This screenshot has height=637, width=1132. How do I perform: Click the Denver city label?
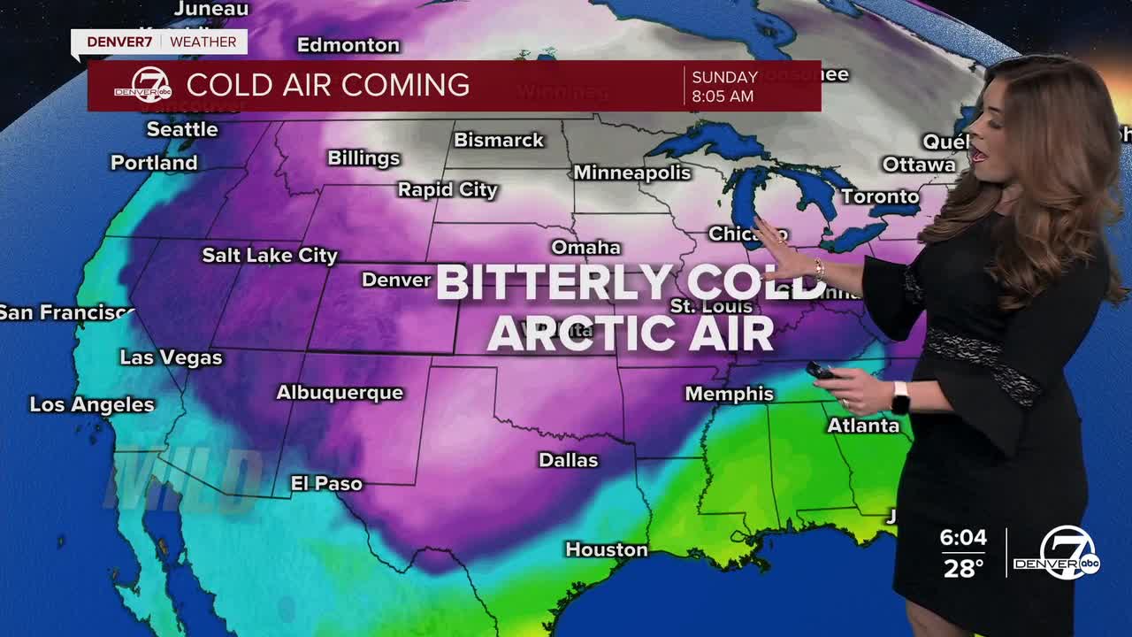(x=396, y=280)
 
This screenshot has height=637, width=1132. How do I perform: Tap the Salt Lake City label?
(x=270, y=256)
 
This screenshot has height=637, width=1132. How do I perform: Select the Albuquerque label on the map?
(x=340, y=392)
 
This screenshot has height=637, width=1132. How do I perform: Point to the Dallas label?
(x=569, y=460)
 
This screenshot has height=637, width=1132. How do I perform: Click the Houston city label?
(x=607, y=549)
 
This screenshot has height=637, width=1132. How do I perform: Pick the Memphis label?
(x=730, y=394)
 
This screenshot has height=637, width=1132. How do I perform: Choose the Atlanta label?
(x=863, y=426)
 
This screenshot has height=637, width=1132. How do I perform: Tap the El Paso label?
(x=326, y=483)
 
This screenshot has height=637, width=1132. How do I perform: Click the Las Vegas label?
(x=171, y=357)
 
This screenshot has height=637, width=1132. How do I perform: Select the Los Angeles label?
(x=92, y=404)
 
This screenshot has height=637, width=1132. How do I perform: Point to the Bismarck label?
(x=499, y=140)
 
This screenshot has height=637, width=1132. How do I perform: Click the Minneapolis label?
(x=632, y=173)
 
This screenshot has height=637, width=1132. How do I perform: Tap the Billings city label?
(x=363, y=157)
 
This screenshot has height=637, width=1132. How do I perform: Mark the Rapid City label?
(x=447, y=189)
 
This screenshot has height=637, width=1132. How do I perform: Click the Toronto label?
(x=880, y=196)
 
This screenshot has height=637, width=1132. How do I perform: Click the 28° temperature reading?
(x=963, y=568)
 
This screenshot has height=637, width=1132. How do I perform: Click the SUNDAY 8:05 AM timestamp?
(x=724, y=87)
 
